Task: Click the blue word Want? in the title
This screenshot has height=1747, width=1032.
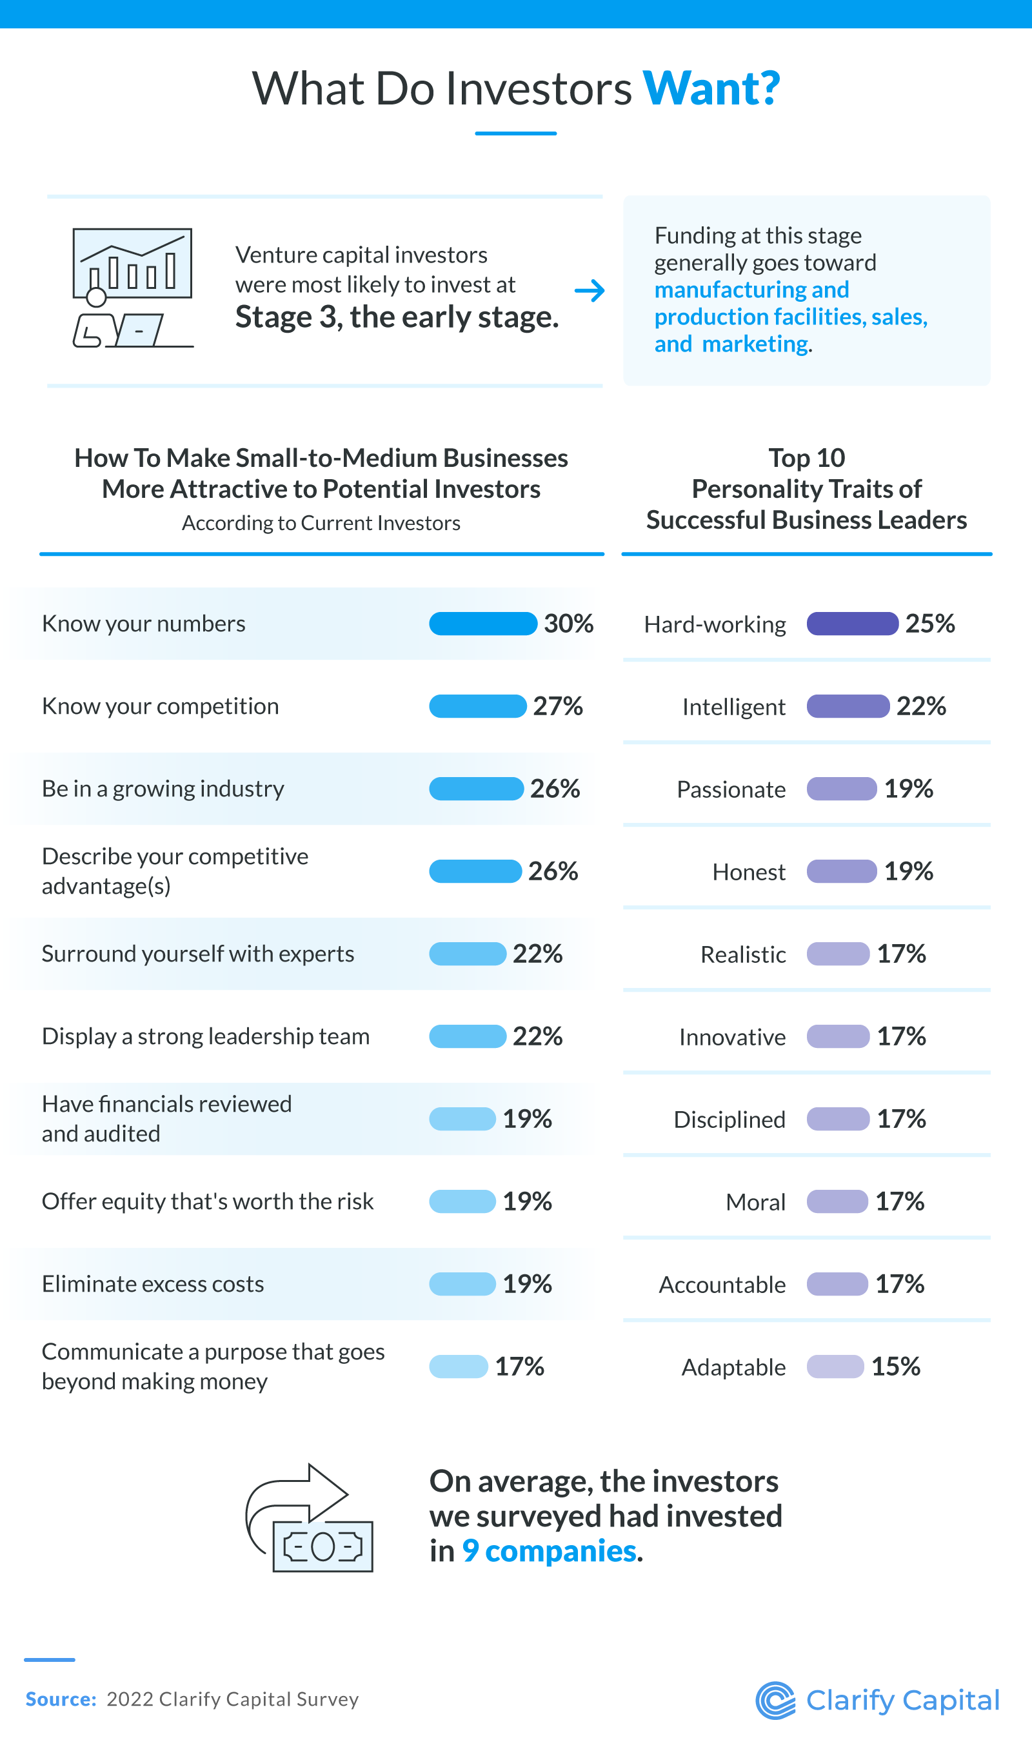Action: pyautogui.click(x=710, y=89)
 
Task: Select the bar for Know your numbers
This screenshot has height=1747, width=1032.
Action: pyautogui.click(x=482, y=624)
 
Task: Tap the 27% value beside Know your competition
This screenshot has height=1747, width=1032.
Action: pyautogui.click(x=558, y=706)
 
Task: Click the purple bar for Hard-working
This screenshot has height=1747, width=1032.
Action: pyautogui.click(x=852, y=624)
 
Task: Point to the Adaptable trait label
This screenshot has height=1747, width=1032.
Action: pyautogui.click(x=733, y=1367)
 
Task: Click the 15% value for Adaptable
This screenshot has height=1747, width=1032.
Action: pyautogui.click(x=895, y=1367)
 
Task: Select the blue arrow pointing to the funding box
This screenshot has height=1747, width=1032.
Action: pyautogui.click(x=590, y=291)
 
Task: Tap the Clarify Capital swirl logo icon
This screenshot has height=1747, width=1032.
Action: pyautogui.click(x=775, y=1701)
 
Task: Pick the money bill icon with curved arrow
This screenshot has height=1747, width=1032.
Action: pyautogui.click(x=310, y=1519)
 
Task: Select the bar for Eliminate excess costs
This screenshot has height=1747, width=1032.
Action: pyautogui.click(x=462, y=1284)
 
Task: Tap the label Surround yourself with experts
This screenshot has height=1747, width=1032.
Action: pyautogui.click(x=197, y=954)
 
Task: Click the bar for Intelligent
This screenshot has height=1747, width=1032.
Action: pyautogui.click(x=848, y=706)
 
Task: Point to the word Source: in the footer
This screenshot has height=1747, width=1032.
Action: pyautogui.click(x=61, y=1699)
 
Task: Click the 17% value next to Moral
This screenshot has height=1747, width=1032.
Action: pyautogui.click(x=899, y=1201)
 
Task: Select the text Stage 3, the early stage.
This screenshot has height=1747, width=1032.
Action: pyautogui.click(x=397, y=318)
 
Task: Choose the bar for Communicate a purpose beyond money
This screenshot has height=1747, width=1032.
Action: pyautogui.click(x=459, y=1367)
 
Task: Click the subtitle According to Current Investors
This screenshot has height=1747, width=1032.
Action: pyautogui.click(x=321, y=523)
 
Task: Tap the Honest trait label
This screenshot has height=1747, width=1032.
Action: pyautogui.click(x=748, y=872)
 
